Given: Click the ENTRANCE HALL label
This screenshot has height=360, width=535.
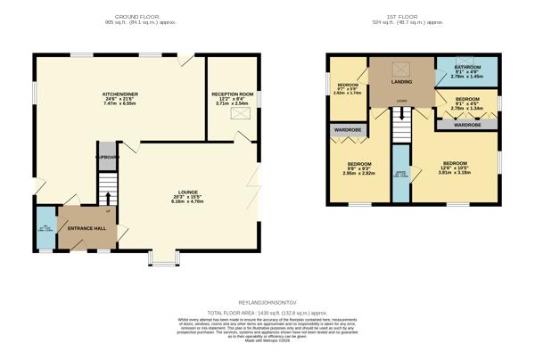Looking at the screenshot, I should point(86,228).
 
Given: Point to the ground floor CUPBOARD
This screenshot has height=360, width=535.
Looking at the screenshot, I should point(107,156).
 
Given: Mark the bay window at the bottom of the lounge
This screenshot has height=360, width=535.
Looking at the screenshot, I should point(162,258).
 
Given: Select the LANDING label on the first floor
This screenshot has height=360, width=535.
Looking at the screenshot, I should point(401,82).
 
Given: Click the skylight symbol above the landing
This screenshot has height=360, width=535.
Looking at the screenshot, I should point(401,70).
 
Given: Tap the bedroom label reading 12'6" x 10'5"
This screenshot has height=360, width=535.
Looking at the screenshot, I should point(454,167).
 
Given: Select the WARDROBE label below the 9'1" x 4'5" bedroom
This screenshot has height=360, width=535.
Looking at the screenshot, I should point(467,126).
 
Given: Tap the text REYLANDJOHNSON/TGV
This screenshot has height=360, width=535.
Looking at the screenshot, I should point(267,304).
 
